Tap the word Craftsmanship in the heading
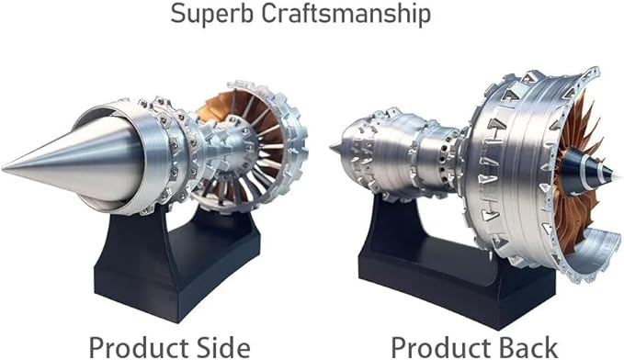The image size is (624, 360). (352, 17)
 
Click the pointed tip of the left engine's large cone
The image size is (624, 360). (6, 167)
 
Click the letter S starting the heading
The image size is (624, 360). (176, 16)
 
